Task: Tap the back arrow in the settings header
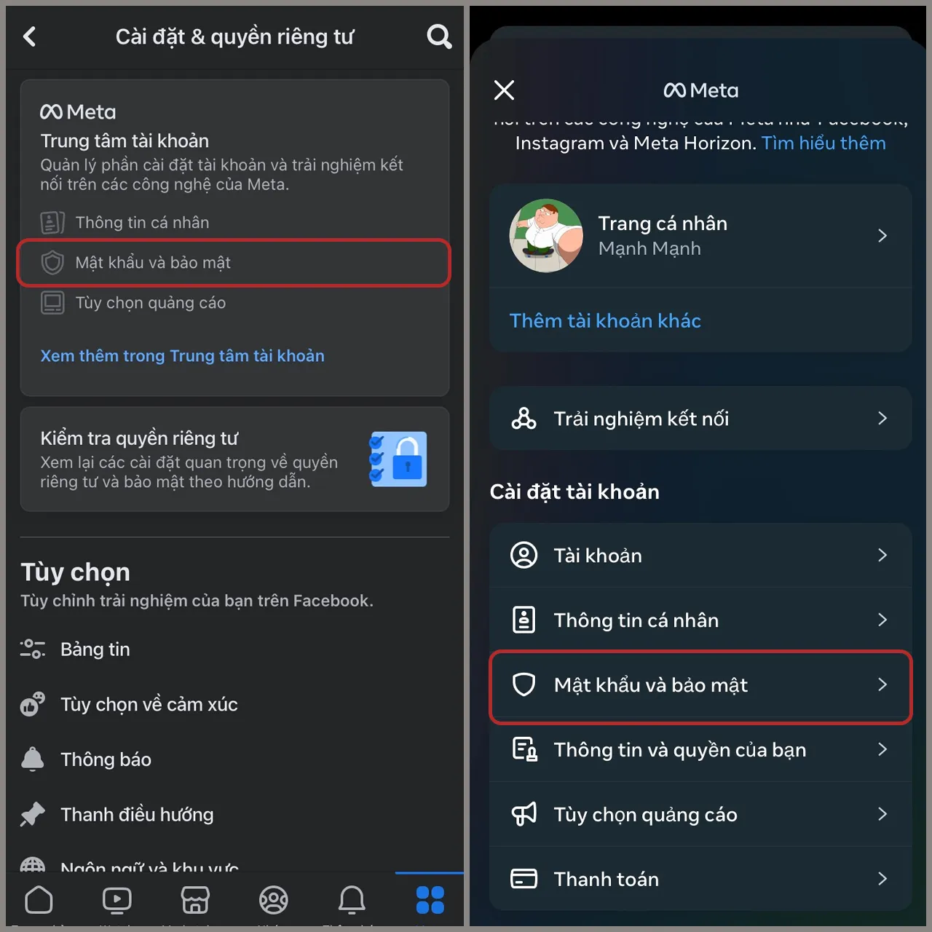[30, 36]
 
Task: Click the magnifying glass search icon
[439, 36]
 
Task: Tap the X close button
[504, 90]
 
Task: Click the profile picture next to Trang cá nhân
[546, 236]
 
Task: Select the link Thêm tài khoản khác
[605, 321]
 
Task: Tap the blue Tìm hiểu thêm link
[824, 143]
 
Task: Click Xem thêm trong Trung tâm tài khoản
[182, 356]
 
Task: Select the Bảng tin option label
[95, 649]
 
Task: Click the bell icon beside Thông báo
[33, 759]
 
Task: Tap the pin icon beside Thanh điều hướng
[33, 814]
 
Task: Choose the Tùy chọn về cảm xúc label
[149, 705]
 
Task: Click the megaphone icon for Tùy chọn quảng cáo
[524, 814]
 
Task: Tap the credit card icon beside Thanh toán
[524, 879]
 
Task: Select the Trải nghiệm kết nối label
[641, 419]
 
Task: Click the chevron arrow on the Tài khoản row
[882, 556]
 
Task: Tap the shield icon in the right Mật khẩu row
[524, 684]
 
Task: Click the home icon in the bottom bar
[39, 900]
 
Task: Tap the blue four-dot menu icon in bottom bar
[430, 900]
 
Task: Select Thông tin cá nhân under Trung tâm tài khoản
[142, 223]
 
